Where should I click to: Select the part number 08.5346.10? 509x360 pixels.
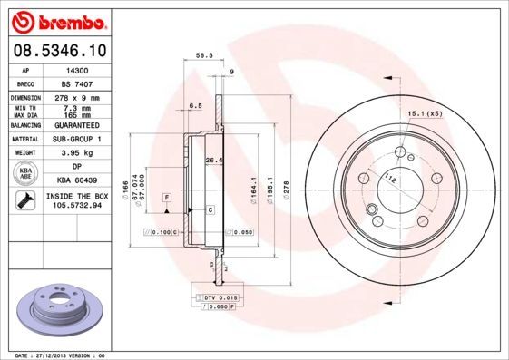(58, 50)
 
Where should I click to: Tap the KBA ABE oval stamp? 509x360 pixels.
(26, 174)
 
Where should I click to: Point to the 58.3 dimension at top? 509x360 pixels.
(204, 56)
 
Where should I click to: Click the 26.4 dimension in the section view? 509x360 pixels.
(213, 161)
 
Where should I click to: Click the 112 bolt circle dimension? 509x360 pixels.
(391, 179)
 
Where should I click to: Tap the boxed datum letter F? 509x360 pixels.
(167, 197)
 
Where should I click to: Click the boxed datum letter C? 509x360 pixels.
(210, 209)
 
